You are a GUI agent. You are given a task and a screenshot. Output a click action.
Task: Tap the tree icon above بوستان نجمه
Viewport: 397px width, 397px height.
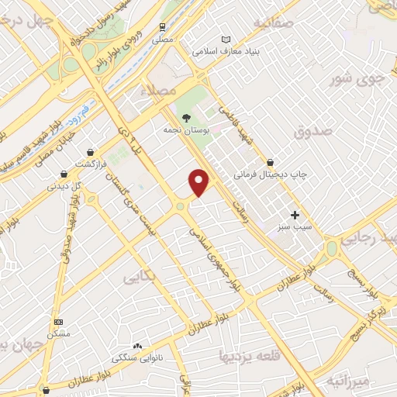click(x=186, y=117)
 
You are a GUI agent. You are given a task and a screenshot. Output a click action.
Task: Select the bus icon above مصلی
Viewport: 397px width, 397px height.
click(x=162, y=26)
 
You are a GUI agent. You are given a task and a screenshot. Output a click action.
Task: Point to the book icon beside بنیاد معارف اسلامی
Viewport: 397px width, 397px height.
click(x=226, y=40)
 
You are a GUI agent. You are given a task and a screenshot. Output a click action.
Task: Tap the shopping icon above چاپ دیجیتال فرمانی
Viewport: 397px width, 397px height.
click(x=270, y=163)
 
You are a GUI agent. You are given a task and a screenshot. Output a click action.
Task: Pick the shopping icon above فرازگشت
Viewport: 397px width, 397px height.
click(x=92, y=152)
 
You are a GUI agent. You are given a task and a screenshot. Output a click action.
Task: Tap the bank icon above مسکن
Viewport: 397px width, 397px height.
click(x=57, y=321)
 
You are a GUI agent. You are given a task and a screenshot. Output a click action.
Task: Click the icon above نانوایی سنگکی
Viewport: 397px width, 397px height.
click(x=138, y=346)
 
